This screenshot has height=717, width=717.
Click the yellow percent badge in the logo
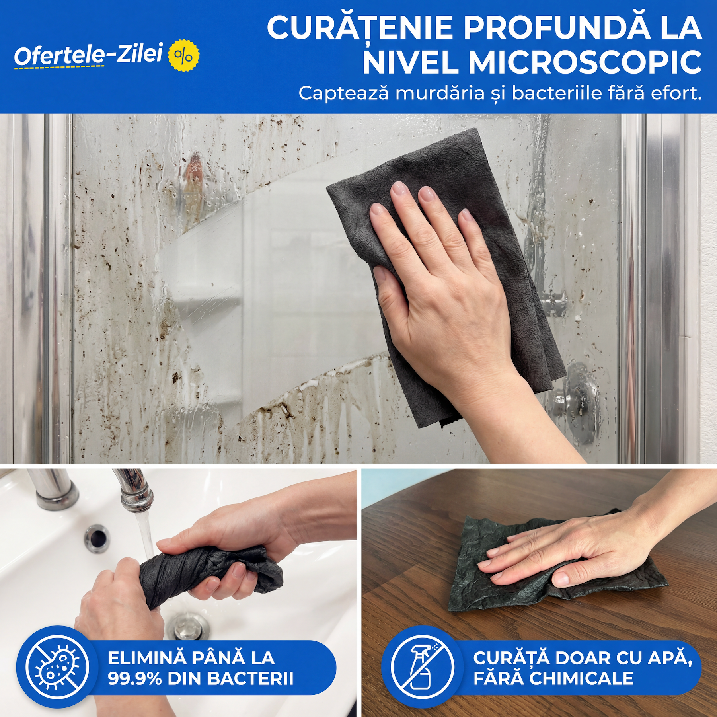[183, 56]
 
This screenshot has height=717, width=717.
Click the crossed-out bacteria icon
[57, 666]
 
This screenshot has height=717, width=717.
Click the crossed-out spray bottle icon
[422, 666]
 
